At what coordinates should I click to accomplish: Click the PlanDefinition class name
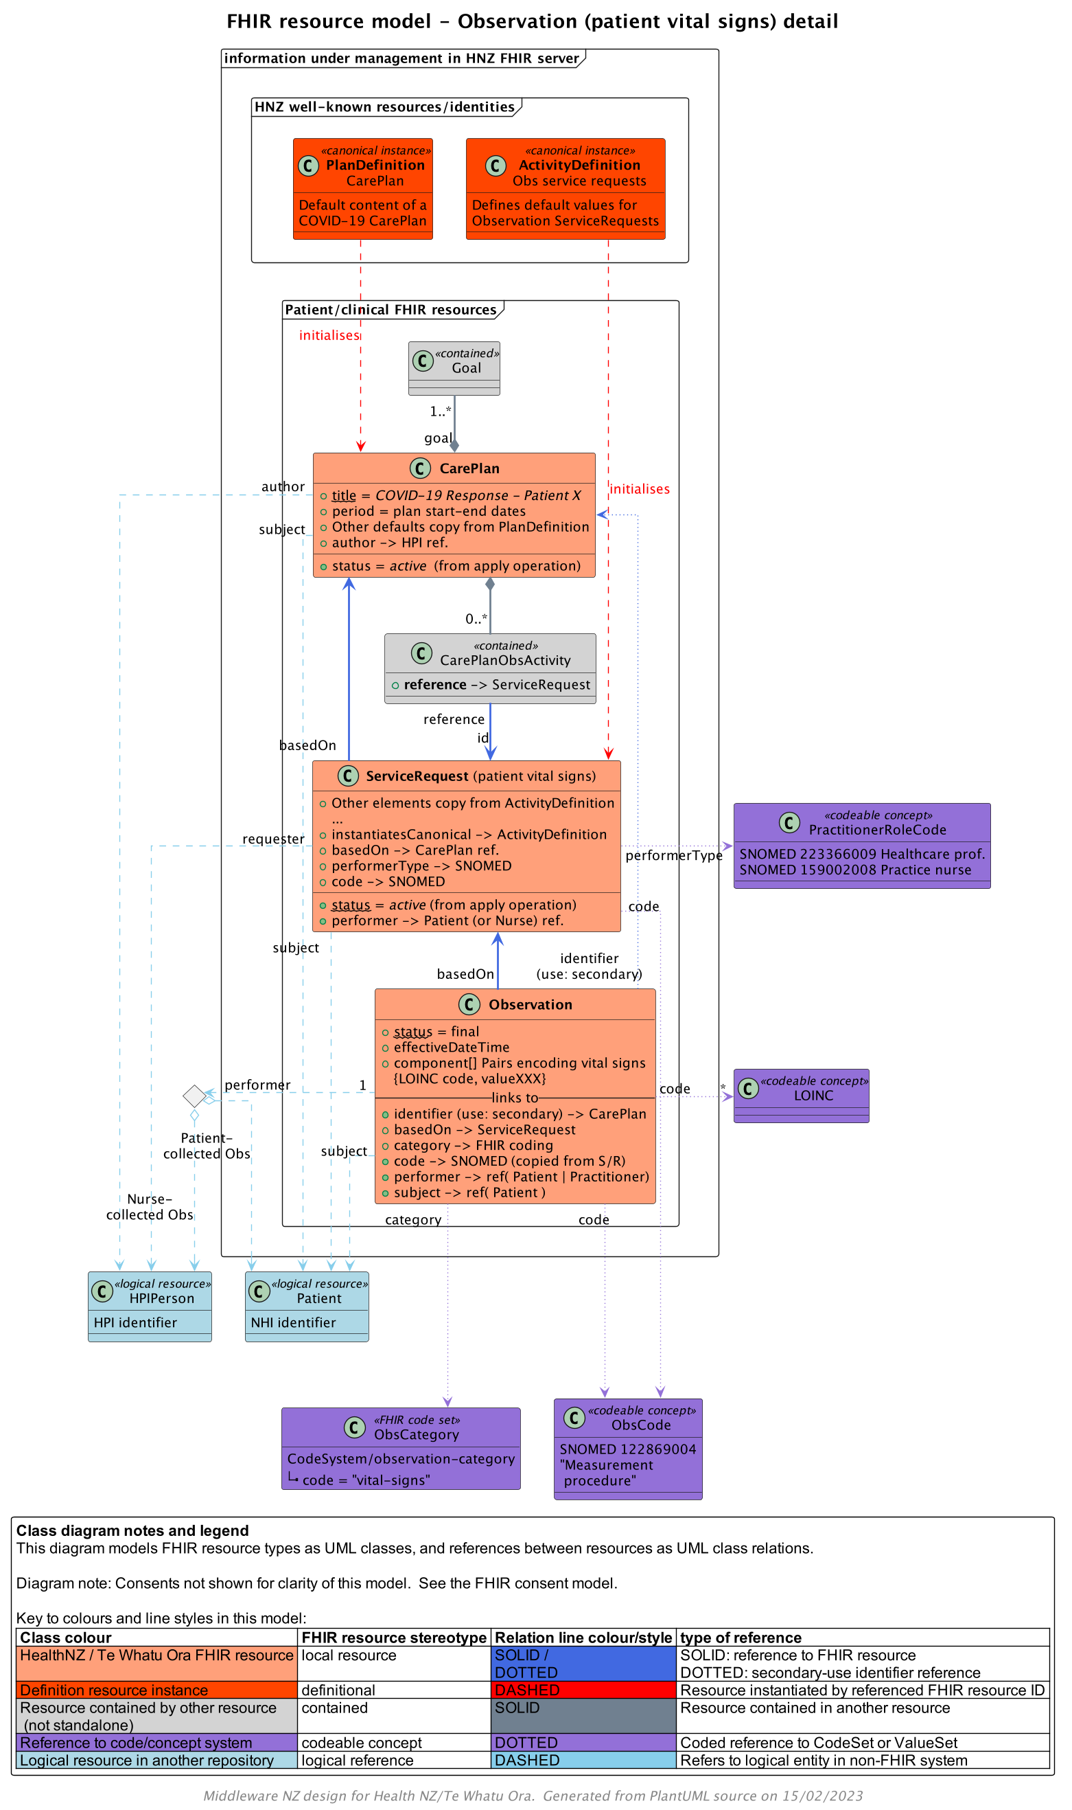(x=375, y=165)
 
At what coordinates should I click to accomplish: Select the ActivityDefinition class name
(x=579, y=165)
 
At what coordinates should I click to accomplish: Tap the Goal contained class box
(x=454, y=368)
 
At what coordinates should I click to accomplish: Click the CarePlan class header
(x=469, y=468)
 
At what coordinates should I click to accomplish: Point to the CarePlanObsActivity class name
(x=505, y=660)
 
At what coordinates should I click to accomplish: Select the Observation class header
(x=530, y=1004)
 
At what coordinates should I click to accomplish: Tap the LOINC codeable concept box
(x=801, y=1095)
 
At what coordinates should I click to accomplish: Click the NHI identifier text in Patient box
(x=293, y=1322)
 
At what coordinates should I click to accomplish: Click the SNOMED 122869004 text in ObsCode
(x=628, y=1449)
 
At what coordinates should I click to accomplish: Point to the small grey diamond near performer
(x=194, y=1096)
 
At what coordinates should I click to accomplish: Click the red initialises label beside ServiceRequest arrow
(x=640, y=489)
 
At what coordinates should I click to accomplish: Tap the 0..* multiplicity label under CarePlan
(x=476, y=619)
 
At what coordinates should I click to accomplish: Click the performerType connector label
(x=673, y=855)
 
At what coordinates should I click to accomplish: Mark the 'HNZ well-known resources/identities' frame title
(x=384, y=107)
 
